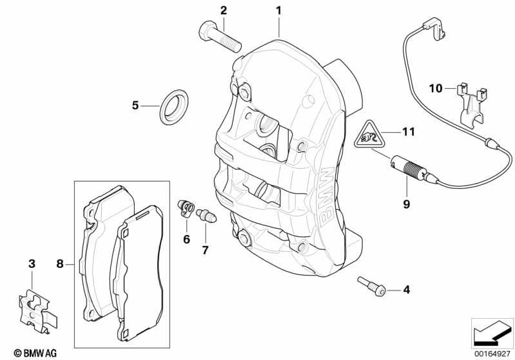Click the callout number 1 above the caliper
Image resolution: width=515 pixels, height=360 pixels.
click(278, 11)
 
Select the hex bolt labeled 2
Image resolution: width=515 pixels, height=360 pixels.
click(220, 37)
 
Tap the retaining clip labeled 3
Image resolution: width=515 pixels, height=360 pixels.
click(38, 311)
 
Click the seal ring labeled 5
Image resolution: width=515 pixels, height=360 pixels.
click(175, 107)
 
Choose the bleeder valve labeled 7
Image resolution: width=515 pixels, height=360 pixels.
click(206, 215)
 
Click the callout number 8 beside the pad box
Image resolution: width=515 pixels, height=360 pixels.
click(60, 263)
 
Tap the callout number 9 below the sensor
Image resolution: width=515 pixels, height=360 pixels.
click(407, 204)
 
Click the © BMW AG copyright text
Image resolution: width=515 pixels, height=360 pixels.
click(35, 353)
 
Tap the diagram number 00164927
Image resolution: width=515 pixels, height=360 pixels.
click(492, 354)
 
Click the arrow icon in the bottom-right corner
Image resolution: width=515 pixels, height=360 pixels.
click(492, 334)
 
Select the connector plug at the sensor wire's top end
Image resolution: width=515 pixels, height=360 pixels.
click(434, 28)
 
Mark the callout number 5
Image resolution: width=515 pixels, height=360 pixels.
click(135, 106)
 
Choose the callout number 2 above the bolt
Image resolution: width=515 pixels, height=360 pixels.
click(224, 10)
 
